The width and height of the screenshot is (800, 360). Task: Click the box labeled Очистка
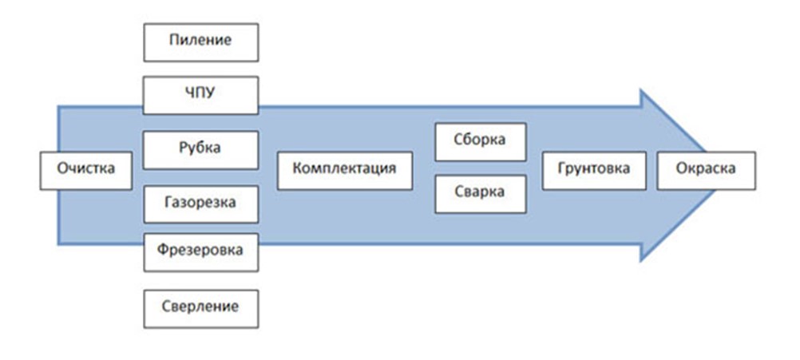(x=86, y=170)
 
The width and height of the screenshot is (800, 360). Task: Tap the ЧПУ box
(x=201, y=95)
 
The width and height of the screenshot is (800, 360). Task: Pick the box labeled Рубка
(x=201, y=148)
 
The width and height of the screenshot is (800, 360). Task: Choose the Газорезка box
(x=201, y=203)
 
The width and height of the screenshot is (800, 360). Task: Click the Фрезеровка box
(x=201, y=252)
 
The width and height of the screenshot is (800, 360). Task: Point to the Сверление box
(x=201, y=307)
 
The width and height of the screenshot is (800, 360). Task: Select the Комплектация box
(x=345, y=170)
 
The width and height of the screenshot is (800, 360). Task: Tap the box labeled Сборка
(x=481, y=141)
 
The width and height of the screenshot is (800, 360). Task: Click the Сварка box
(x=481, y=194)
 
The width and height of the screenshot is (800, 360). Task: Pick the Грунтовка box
(x=594, y=170)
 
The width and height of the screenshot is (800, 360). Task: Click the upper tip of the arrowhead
(x=642, y=90)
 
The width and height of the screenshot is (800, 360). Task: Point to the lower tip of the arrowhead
(x=642, y=259)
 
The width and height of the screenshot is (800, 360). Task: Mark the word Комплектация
(x=345, y=169)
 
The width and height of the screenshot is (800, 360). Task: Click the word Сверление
(x=201, y=307)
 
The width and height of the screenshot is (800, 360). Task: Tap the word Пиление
(x=201, y=42)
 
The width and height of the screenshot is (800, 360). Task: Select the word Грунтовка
(x=594, y=169)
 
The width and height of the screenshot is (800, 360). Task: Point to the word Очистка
(x=86, y=169)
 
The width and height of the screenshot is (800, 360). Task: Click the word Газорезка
(x=201, y=202)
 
